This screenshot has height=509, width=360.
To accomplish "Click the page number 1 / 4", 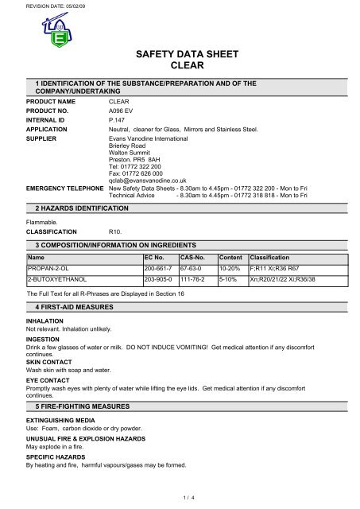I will click(x=180, y=497).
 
